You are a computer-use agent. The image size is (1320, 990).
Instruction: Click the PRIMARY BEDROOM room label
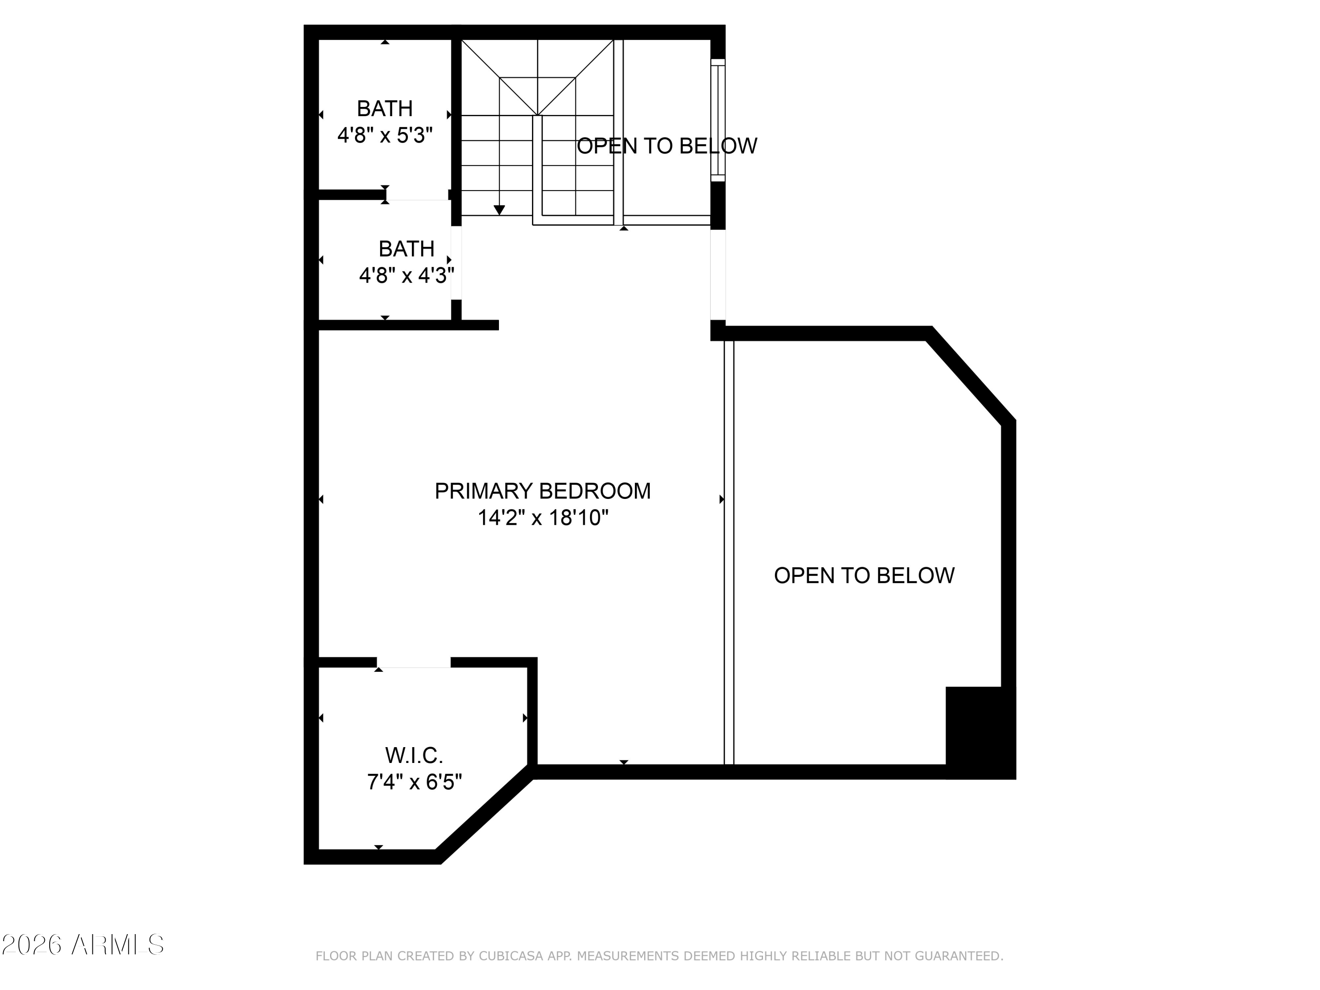pos(543,491)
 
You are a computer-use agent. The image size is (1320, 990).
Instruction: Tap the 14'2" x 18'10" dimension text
pos(543,517)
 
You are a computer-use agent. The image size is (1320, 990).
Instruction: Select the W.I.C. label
pos(414,755)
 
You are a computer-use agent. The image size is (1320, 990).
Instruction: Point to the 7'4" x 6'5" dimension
pos(414,782)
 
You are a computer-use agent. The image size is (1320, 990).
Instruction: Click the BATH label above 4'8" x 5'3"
pos(385,109)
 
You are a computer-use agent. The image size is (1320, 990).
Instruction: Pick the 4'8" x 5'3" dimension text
pos(385,136)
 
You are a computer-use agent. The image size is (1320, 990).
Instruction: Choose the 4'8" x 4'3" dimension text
pos(407,276)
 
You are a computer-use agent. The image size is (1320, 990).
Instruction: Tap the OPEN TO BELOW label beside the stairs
pos(667,146)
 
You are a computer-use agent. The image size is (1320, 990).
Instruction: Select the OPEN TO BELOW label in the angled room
pos(864,575)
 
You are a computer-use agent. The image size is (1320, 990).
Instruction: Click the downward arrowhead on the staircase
pos(499,210)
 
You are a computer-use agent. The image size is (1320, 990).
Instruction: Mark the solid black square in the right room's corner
pos(980,733)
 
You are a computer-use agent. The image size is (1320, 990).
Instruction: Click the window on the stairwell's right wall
pos(718,120)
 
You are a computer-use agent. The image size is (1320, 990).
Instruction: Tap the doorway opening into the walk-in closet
pos(414,662)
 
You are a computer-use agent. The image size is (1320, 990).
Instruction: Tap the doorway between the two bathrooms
pos(417,195)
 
